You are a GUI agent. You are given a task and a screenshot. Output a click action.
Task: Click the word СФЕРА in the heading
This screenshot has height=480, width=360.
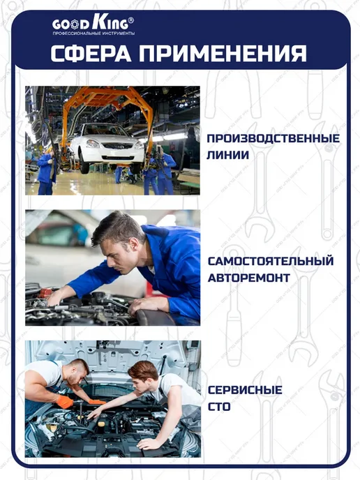click(91, 54)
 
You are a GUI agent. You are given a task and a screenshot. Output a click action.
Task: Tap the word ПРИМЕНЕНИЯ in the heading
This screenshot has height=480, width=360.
click(223, 54)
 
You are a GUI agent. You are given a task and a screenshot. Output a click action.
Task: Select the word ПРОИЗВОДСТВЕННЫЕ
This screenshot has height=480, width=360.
click(273, 138)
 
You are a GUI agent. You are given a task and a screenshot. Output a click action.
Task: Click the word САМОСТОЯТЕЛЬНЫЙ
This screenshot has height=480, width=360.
click(271, 261)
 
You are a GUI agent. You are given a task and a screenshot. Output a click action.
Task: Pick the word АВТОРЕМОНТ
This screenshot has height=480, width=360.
click(249, 278)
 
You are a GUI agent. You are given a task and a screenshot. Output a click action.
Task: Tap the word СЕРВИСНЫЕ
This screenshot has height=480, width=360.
click(245, 390)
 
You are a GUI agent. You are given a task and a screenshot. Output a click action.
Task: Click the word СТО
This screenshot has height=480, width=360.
click(219, 407)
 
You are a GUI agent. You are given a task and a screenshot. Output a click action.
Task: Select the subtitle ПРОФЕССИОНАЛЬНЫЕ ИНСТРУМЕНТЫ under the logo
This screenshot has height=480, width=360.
click(93, 33)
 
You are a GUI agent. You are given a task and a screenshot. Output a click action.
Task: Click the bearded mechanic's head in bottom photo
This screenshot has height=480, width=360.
click(77, 372)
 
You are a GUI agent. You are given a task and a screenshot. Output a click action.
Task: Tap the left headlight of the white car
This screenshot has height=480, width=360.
click(93, 143)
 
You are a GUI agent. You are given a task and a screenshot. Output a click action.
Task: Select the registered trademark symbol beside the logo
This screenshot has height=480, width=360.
click(130, 20)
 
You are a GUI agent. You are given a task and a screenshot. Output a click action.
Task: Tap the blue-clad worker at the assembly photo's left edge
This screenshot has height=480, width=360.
click(46, 173)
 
